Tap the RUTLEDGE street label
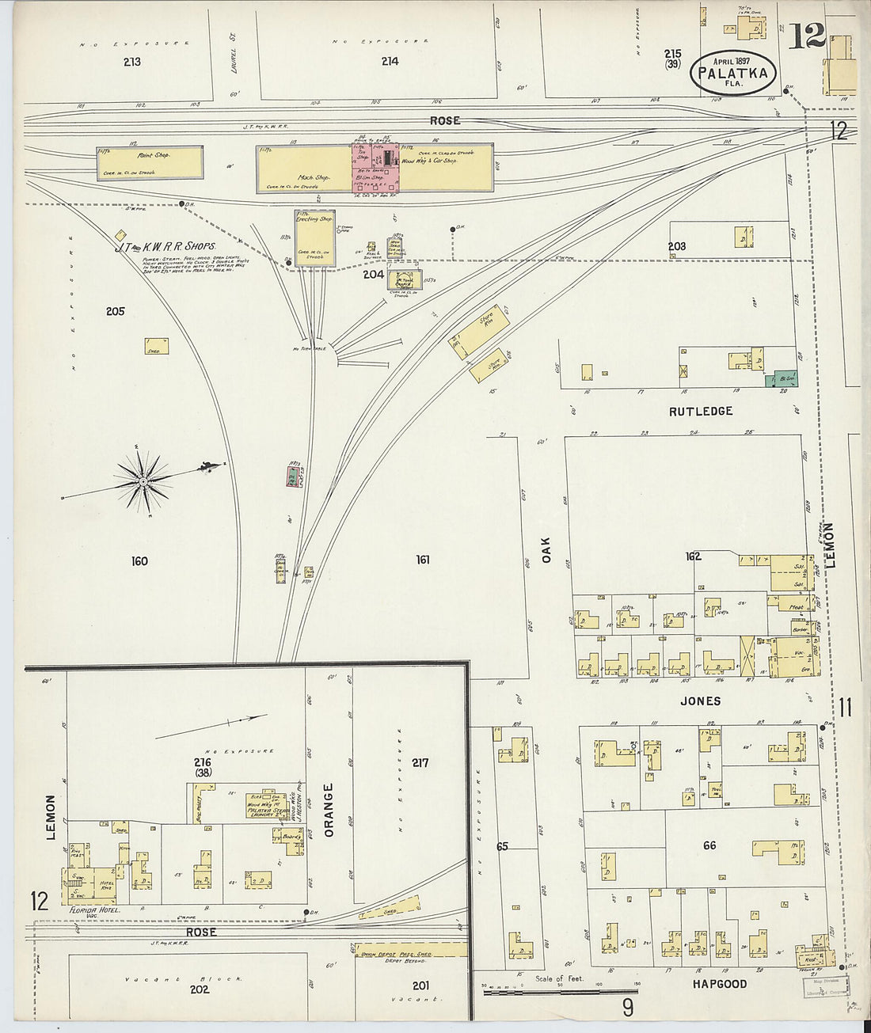(701, 412)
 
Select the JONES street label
(701, 701)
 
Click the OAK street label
(546, 550)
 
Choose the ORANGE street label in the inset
(329, 809)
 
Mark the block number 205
(116, 311)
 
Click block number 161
(423, 560)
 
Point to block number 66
(709, 845)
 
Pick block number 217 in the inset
(420, 762)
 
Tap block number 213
(132, 61)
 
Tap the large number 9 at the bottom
(628, 1008)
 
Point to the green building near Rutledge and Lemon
(785, 378)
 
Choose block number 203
(676, 247)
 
